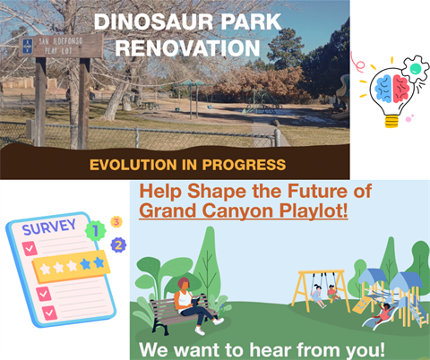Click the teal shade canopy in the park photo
(190, 84)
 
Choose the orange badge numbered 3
(116, 221)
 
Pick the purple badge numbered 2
(118, 244)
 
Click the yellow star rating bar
(72, 266)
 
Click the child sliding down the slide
(383, 311)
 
